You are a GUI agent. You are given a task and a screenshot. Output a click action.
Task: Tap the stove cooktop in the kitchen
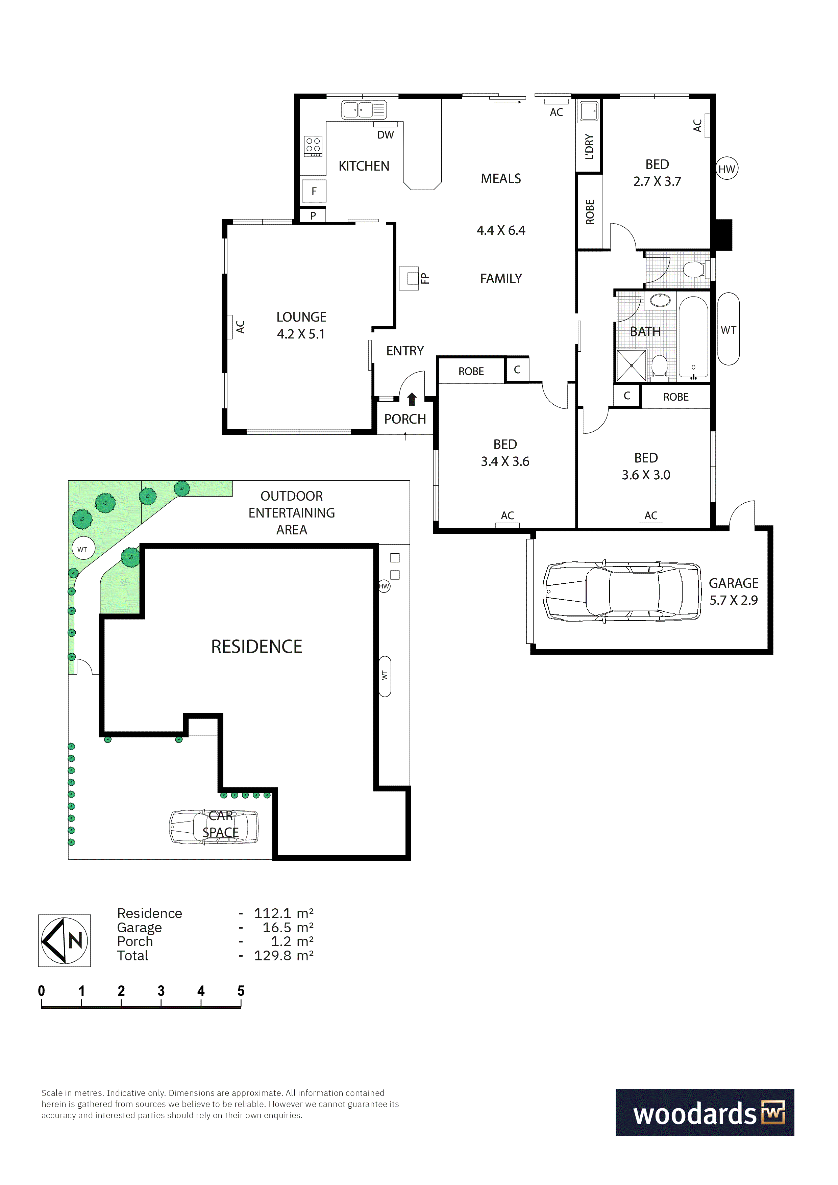[x=314, y=147]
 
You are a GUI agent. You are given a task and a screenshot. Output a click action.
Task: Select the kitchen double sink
[x=364, y=109]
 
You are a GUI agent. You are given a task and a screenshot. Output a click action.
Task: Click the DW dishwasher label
[x=385, y=135]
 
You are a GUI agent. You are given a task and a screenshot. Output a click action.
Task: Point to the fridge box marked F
[x=314, y=192]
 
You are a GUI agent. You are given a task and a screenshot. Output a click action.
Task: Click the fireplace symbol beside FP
[x=409, y=278]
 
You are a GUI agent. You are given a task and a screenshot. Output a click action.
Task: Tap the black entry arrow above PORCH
[x=412, y=399]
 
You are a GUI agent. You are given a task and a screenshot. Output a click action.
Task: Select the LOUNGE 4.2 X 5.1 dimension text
[x=301, y=334]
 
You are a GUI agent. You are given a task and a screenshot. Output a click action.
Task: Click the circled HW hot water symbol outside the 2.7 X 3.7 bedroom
[x=726, y=169]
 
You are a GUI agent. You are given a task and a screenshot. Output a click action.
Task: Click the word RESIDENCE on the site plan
[x=256, y=647]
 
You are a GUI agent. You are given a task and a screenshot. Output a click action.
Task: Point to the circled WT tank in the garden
[x=82, y=549]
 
